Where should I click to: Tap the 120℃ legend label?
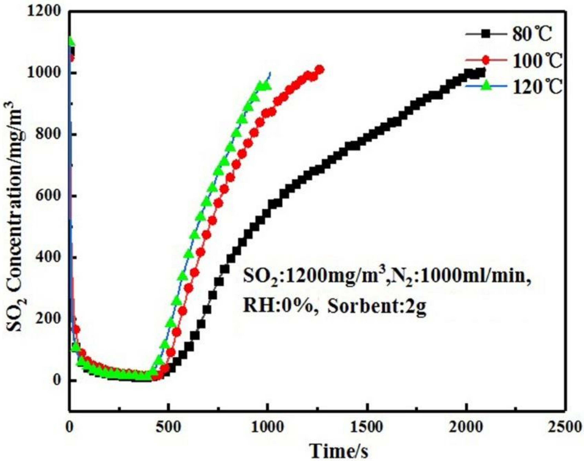(537, 87)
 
